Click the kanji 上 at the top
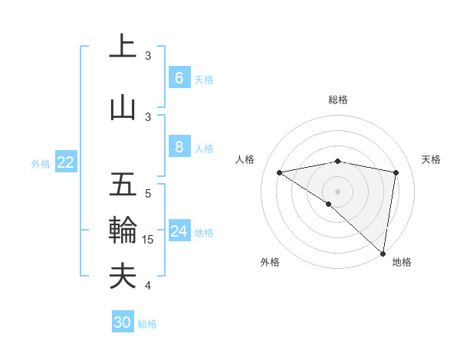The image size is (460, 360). pyautogui.click(x=123, y=47)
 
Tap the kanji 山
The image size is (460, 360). pyautogui.click(x=123, y=108)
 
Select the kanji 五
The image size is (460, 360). pyautogui.click(x=123, y=185)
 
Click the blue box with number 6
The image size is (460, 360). pyautogui.click(x=179, y=78)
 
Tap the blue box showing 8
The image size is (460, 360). pyautogui.click(x=179, y=147)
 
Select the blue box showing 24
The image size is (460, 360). pyautogui.click(x=179, y=231)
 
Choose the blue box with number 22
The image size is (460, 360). pyautogui.click(x=65, y=162)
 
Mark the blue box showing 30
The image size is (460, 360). pyautogui.click(x=122, y=322)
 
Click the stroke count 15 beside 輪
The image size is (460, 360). pyautogui.click(x=148, y=240)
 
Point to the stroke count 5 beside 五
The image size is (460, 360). pyautogui.click(x=148, y=194)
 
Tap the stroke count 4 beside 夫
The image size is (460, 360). pyautogui.click(x=148, y=286)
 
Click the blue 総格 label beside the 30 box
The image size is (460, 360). pyautogui.click(x=147, y=324)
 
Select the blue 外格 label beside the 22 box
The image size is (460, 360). pyautogui.click(x=41, y=163)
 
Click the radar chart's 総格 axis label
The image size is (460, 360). pyautogui.click(x=337, y=100)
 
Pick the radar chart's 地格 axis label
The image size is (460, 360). pyautogui.click(x=402, y=262)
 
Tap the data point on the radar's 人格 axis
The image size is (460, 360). pyautogui.click(x=279, y=172)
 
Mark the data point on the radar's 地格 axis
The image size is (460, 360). pyautogui.click(x=383, y=253)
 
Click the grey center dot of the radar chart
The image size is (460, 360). pyautogui.click(x=337, y=191)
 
